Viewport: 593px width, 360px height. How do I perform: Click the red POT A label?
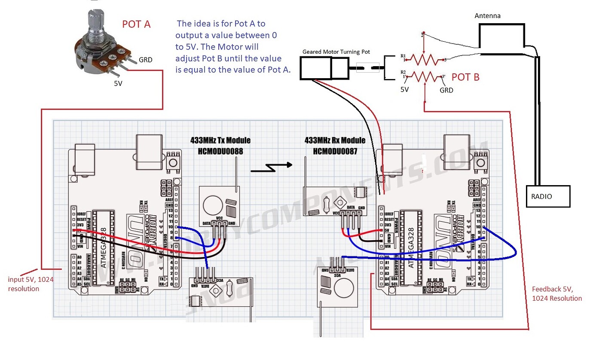[x=136, y=24]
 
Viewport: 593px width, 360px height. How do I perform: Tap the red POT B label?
[x=465, y=77]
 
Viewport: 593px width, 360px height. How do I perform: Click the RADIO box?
[x=548, y=196]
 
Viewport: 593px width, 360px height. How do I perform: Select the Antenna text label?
[x=487, y=16]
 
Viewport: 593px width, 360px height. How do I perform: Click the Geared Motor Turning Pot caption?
[x=336, y=52]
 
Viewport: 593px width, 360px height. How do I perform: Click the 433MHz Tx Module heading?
[x=220, y=140]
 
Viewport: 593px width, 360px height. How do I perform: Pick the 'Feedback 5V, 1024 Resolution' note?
[x=557, y=294]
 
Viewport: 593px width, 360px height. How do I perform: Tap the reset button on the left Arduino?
[x=174, y=162]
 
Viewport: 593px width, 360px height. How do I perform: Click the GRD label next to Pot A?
[x=145, y=60]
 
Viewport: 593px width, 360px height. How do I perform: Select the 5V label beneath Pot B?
[x=404, y=90]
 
